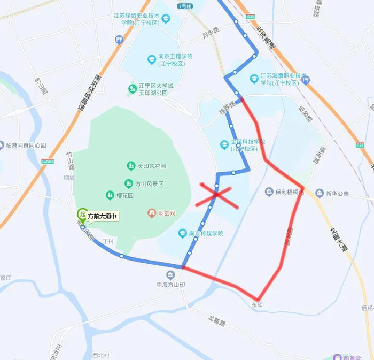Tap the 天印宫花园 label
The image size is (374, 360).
coord(152,166)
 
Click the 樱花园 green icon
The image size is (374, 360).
coord(110,195)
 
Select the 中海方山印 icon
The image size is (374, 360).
coord(170,275)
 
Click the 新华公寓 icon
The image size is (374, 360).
coord(320,193)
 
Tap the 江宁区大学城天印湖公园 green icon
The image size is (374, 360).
coord(131,89)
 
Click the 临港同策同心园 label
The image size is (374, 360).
coord(26,145)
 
